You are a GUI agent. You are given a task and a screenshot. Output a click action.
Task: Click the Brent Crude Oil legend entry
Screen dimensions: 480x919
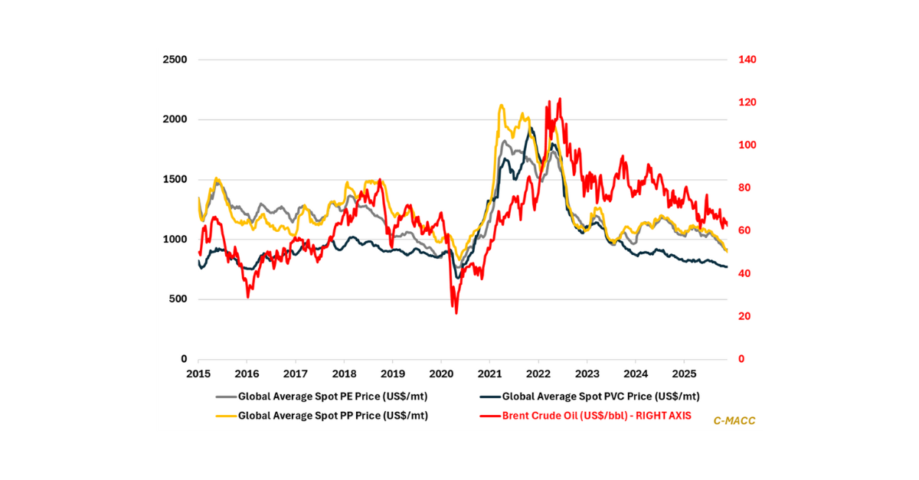click(x=586, y=416)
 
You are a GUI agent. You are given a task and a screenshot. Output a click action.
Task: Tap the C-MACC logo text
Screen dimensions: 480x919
click(x=734, y=420)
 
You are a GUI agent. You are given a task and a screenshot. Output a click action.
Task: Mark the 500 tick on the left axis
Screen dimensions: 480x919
click(x=178, y=299)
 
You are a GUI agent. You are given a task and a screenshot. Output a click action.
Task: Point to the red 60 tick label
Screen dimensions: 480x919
click(x=742, y=231)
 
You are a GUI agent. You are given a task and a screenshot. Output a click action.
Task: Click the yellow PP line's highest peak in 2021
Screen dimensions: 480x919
click(x=501, y=106)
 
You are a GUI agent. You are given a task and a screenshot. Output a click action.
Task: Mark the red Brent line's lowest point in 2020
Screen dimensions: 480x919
click(x=456, y=312)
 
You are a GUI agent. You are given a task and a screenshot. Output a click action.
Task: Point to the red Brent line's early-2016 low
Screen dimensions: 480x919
click(x=247, y=296)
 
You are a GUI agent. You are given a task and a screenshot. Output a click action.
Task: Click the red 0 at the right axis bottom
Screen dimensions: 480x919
click(x=739, y=359)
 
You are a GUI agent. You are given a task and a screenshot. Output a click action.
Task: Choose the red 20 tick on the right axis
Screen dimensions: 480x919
click(x=742, y=316)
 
